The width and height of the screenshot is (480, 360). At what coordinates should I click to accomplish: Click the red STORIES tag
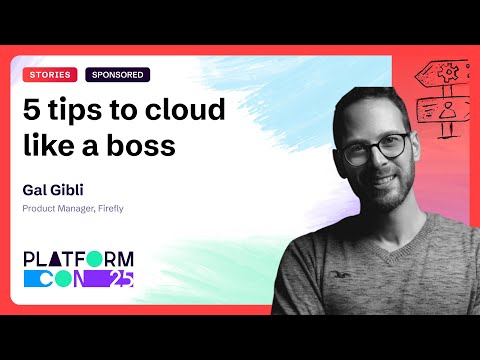[49, 74]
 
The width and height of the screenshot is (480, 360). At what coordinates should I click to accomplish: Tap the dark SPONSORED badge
[117, 74]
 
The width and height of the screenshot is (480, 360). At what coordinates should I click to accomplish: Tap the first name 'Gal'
[33, 188]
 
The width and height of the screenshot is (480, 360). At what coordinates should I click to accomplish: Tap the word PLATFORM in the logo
[80, 257]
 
